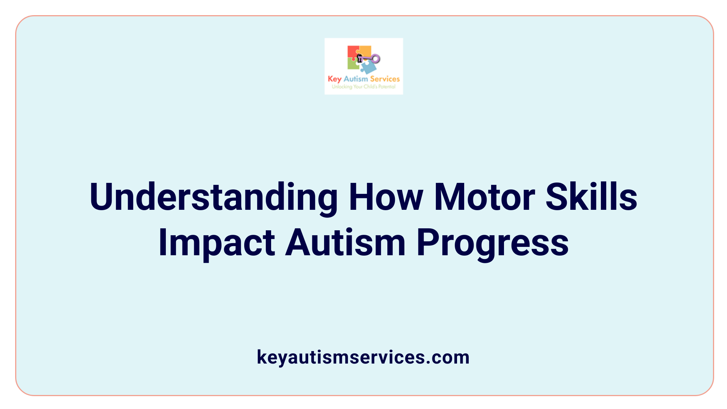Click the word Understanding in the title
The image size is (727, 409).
click(x=213, y=197)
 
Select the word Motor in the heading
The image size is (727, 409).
click(x=484, y=197)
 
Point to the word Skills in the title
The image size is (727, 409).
click(x=591, y=197)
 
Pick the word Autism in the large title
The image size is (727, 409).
click(x=345, y=243)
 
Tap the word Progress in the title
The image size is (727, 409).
click(x=492, y=243)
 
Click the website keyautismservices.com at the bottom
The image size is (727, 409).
click(x=363, y=357)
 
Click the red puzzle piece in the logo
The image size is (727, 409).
click(x=353, y=52)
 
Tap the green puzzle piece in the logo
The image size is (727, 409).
click(x=353, y=65)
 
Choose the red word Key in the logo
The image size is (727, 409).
click(x=334, y=79)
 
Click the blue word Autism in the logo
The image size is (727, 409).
click(x=356, y=79)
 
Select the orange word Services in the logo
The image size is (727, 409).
click(x=385, y=79)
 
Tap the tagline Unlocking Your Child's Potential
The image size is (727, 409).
click(x=363, y=87)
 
